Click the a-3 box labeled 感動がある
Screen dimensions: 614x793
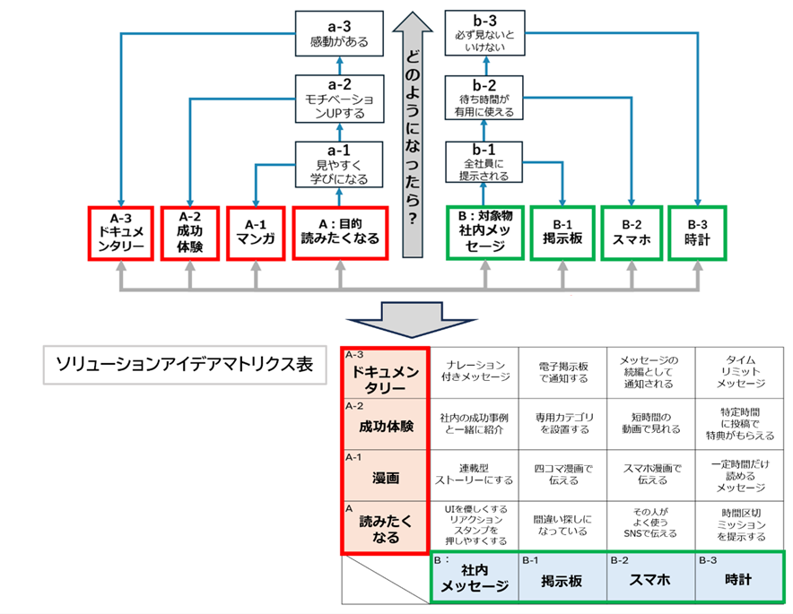tap(340, 33)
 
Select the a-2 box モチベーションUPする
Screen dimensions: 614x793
tap(340, 98)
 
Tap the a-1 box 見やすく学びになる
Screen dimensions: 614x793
tap(340, 161)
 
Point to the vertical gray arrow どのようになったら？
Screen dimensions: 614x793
tap(412, 134)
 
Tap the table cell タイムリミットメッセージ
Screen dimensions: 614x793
tap(741, 371)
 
